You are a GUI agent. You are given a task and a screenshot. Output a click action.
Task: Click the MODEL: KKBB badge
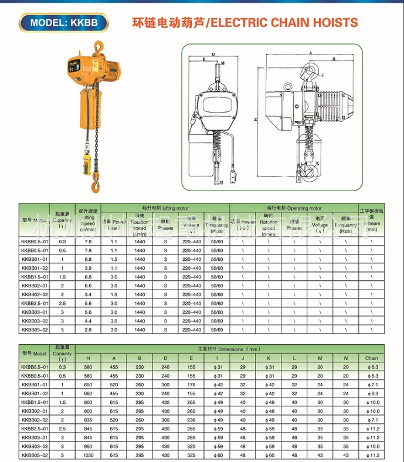coord(64,23)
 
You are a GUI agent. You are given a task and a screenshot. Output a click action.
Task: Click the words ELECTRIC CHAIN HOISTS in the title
coord(284,23)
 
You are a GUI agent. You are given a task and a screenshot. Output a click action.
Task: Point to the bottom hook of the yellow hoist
coord(94,186)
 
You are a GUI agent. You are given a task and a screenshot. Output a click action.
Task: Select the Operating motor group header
coord(294,208)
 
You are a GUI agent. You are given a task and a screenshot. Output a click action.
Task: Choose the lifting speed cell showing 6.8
coord(88,259)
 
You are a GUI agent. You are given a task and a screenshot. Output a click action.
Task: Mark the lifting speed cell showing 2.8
coord(88,330)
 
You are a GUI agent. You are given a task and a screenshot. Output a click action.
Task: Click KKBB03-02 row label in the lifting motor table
coord(34,321)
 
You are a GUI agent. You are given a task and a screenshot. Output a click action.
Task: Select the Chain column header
coord(371,358)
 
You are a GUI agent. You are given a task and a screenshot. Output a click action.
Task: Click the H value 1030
coord(89,456)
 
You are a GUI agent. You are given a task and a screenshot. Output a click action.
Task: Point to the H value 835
coord(89,420)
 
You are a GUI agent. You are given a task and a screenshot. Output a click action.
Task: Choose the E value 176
coord(191,385)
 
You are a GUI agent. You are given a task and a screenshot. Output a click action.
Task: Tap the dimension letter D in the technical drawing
coord(215,54)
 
